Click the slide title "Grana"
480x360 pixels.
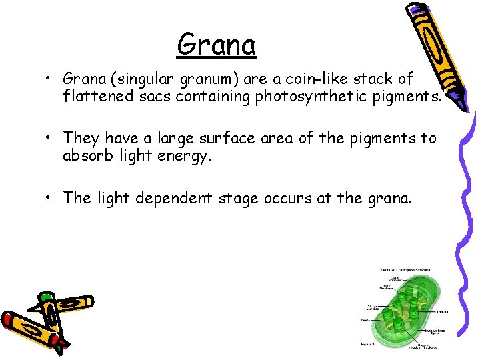click(x=217, y=45)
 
